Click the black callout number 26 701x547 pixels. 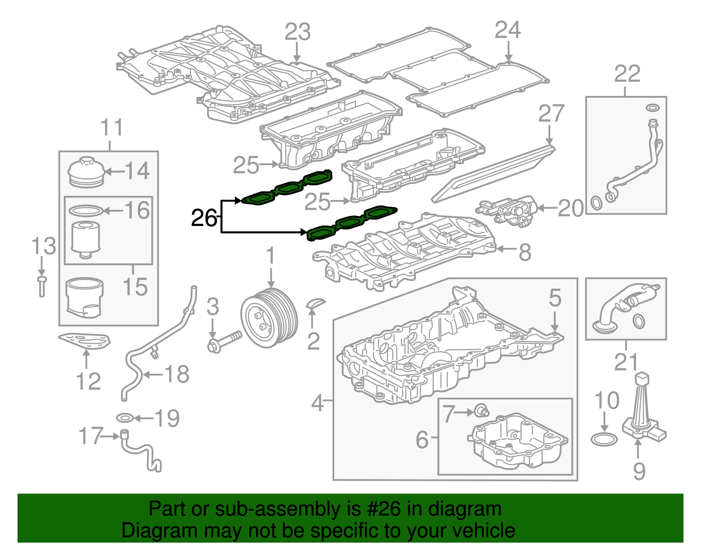[204, 218]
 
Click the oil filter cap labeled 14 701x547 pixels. [87, 172]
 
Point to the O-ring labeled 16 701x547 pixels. [86, 211]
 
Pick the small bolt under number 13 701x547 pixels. [42, 286]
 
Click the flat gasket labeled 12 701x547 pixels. [84, 341]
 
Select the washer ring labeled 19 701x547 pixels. [125, 418]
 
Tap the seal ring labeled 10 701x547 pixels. [604, 439]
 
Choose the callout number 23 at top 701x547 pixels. [297, 32]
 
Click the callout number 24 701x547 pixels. [507, 30]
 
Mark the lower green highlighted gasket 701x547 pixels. [350, 223]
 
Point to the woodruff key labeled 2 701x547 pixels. [315, 303]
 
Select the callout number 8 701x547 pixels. [525, 253]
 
